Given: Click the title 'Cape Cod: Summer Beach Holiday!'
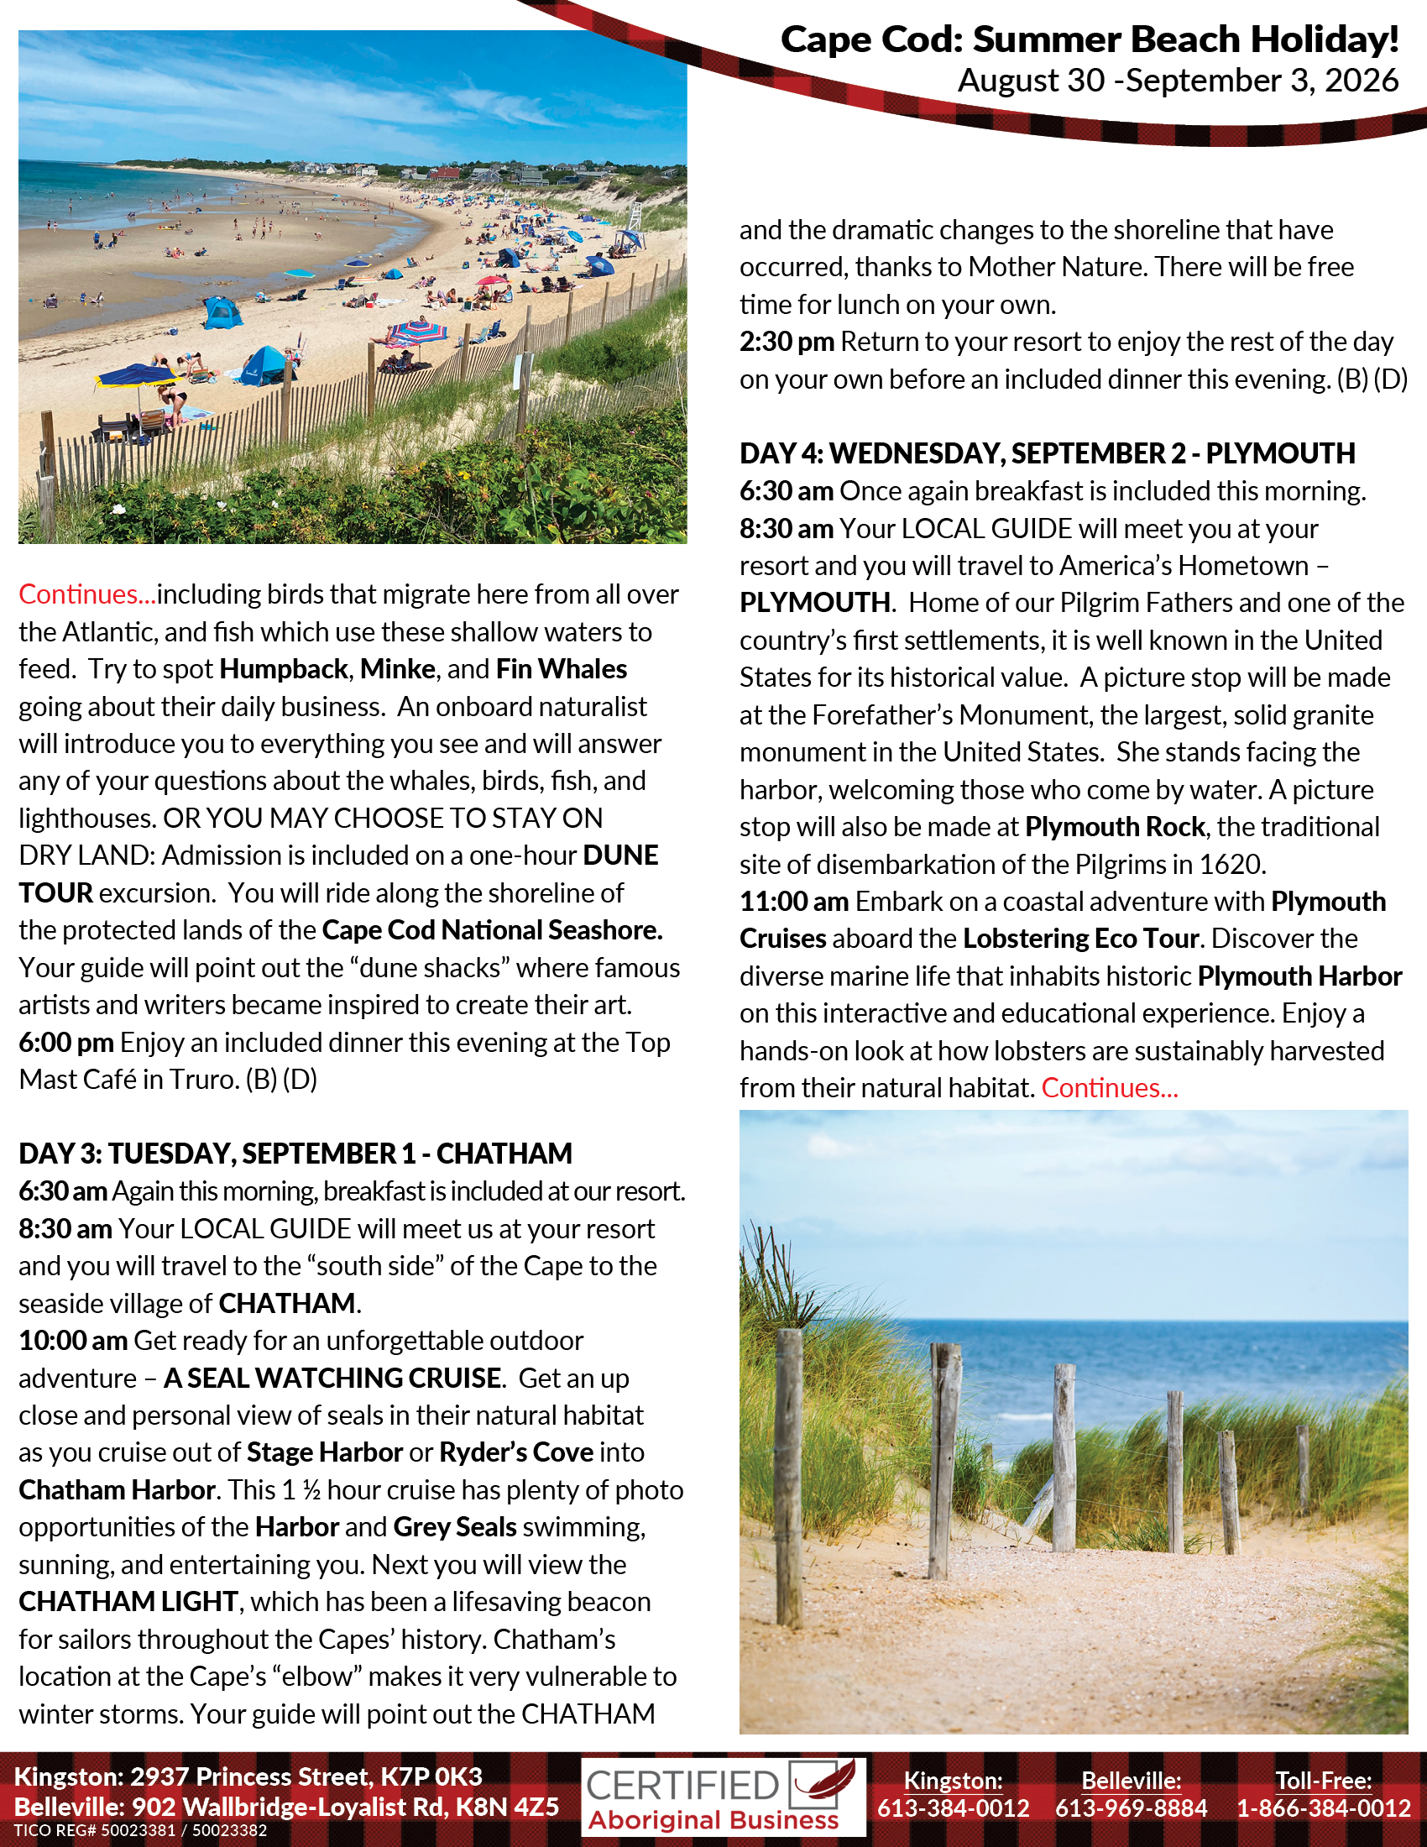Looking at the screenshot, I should click(1089, 39).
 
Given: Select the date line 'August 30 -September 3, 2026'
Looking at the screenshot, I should click(1178, 81).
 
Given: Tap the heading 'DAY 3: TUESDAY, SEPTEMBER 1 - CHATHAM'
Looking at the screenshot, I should click(295, 1154).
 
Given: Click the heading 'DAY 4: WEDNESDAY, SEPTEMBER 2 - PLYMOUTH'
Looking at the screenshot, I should click(1047, 453).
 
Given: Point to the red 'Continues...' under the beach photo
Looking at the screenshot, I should click(87, 594).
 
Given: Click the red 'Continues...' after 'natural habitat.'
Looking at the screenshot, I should click(1109, 1088).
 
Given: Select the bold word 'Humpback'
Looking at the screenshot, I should click(283, 669).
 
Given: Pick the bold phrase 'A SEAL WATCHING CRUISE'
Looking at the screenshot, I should click(332, 1378).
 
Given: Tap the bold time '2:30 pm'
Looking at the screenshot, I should click(787, 342).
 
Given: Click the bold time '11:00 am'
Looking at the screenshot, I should click(794, 902).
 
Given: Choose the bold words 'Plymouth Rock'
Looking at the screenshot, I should click(1114, 827).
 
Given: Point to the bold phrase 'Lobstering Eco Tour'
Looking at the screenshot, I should click(1080, 939).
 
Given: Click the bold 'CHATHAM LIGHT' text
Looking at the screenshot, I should click(128, 1602).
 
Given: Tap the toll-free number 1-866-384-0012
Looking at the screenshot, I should click(1323, 1808).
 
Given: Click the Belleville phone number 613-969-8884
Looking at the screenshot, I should click(1131, 1808).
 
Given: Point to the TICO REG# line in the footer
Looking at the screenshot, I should click(140, 1831).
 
